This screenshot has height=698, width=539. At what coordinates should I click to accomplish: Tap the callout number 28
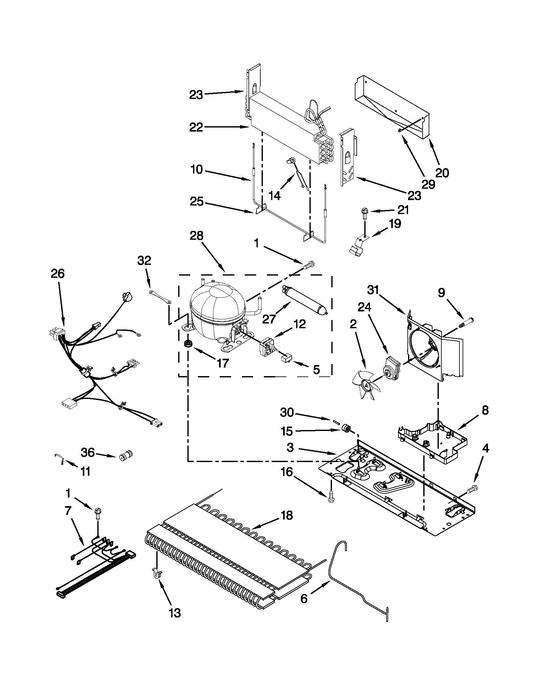click(196, 236)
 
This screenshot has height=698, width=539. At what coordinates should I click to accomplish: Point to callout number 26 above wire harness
click(57, 274)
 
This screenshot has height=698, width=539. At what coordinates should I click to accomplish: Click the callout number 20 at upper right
click(442, 173)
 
